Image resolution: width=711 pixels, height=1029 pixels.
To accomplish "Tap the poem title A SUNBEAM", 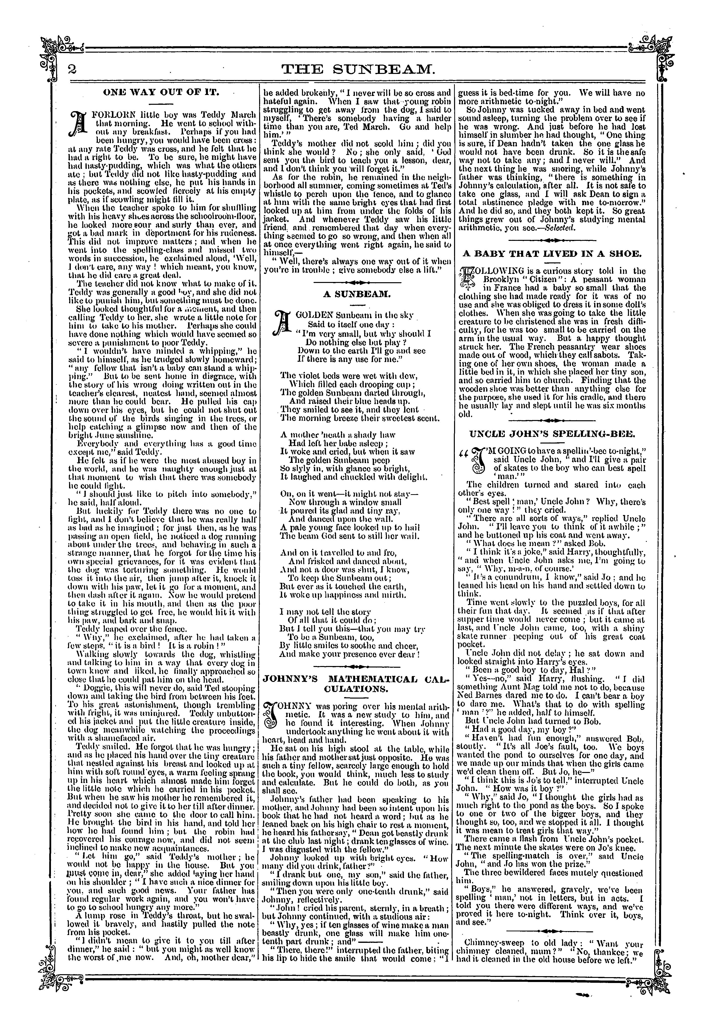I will pyautogui.click(x=357, y=294).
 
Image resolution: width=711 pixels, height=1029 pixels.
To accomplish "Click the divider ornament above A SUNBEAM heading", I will pyautogui.click(x=357, y=282).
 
